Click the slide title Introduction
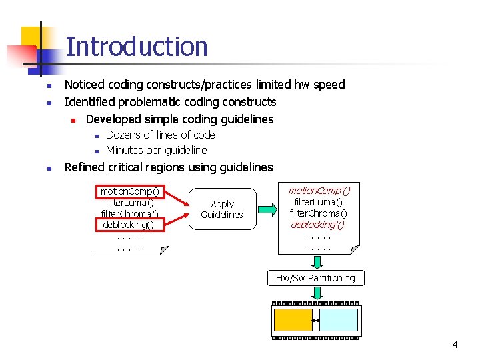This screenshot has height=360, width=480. [137, 47]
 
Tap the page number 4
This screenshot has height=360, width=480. [455, 345]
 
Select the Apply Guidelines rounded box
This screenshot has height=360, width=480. [222, 209]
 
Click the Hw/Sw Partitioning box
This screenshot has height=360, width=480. [315, 278]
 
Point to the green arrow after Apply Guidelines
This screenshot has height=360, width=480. [267, 209]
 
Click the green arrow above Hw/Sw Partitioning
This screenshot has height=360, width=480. [315, 262]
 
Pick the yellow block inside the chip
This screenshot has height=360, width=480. [293, 320]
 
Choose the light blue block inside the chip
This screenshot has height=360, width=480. [338, 320]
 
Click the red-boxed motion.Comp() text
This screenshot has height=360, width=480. [130, 191]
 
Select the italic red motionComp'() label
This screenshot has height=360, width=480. [319, 191]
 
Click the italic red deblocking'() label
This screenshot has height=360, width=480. [318, 224]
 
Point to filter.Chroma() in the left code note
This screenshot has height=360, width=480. [129, 214]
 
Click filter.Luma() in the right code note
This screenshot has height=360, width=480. [318, 202]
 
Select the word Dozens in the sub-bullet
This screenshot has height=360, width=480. [125, 135]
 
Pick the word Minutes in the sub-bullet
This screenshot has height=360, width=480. [127, 150]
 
